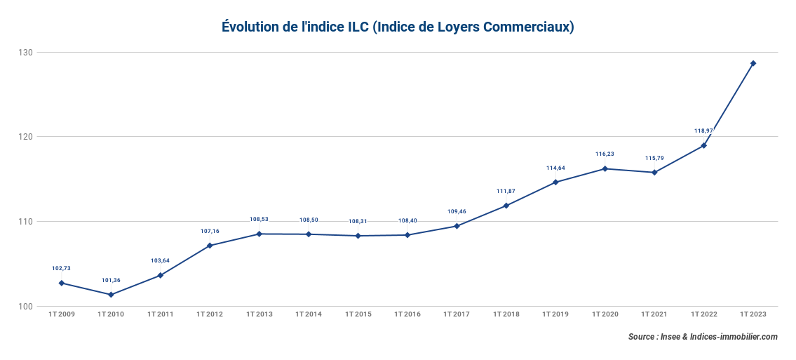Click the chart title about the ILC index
click(398, 27)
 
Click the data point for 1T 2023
click(753, 63)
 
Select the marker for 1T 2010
click(111, 295)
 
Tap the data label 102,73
click(61, 268)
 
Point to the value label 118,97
click(703, 131)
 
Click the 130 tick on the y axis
click(26, 53)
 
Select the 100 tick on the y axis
click(26, 307)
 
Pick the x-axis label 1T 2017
click(457, 314)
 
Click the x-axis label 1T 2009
click(61, 314)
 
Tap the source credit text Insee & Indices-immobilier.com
click(703, 337)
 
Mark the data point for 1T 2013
click(259, 234)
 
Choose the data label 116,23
click(605, 154)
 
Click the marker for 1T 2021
click(654, 172)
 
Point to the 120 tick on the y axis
click(26, 137)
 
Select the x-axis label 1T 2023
click(753, 314)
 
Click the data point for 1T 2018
click(506, 206)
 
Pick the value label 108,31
click(358, 221)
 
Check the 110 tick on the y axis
click(26, 222)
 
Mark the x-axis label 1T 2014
click(309, 314)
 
